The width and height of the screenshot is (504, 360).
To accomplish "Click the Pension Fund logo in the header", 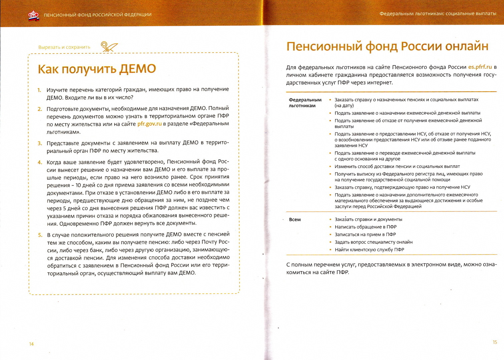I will pyautogui.click(x=34, y=15).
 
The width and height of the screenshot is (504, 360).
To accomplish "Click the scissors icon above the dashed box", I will pyautogui.click(x=109, y=47).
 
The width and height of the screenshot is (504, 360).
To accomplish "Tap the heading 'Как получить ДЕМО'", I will pyautogui.click(x=97, y=69).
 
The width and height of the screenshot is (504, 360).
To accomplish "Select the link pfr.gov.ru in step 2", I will pyautogui.click(x=149, y=124).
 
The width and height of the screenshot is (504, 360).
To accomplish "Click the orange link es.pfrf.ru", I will pyautogui.click(x=480, y=67).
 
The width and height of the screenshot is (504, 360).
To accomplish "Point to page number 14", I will pyautogui.click(x=31, y=344).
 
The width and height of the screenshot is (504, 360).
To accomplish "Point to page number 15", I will pyautogui.click(x=495, y=342).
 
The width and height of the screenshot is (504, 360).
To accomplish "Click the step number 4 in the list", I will pyautogui.click(x=40, y=162).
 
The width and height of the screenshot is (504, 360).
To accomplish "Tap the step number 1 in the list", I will pyautogui.click(x=39, y=90).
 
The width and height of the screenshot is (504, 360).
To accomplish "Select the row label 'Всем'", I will pyautogui.click(x=295, y=220).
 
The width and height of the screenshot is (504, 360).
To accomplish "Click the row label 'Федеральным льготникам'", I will pyautogui.click(x=305, y=103).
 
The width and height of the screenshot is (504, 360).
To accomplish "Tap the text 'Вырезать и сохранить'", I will pyautogui.click(x=64, y=47).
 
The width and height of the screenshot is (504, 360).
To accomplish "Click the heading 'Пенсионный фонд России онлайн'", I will pyautogui.click(x=387, y=46).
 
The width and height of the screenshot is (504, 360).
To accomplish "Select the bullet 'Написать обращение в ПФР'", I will pyautogui.click(x=366, y=227).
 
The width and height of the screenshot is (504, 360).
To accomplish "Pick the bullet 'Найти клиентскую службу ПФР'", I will pyautogui.click(x=369, y=250).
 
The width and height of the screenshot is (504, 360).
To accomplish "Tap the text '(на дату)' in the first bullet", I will pyautogui.click(x=344, y=106).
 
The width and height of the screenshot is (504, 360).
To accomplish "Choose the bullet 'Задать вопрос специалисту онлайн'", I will pyautogui.click(x=374, y=242).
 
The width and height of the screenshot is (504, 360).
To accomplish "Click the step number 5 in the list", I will pyautogui.click(x=40, y=235).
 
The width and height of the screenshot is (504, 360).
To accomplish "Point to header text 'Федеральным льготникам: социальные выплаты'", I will pyautogui.click(x=438, y=14).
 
